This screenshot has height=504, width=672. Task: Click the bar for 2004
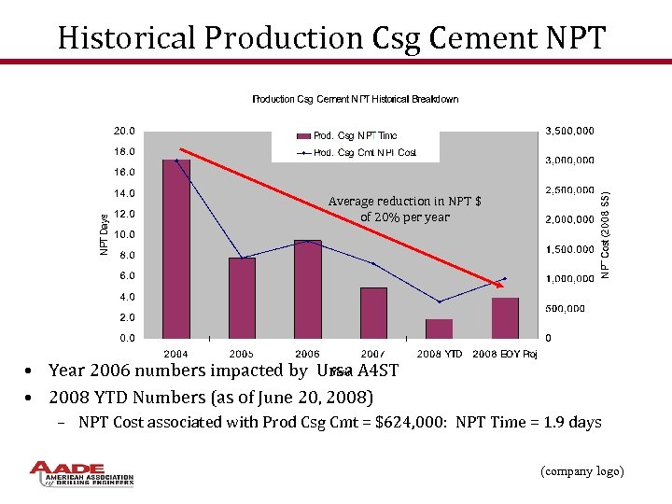(x=176, y=248)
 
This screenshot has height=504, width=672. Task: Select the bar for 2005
(x=242, y=298)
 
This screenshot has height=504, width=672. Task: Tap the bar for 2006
(x=307, y=288)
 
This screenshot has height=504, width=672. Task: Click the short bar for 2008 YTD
(x=439, y=329)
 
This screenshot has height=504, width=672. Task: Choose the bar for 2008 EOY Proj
(x=505, y=317)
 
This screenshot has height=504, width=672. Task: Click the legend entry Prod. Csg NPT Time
(x=347, y=136)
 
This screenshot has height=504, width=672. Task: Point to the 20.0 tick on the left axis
(x=124, y=131)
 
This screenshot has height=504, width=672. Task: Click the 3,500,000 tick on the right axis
(x=569, y=131)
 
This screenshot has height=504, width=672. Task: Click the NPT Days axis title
(x=104, y=233)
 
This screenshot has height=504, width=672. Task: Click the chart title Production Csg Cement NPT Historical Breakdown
(x=356, y=99)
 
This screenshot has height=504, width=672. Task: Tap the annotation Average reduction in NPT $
(x=404, y=202)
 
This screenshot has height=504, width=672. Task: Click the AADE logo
(x=81, y=473)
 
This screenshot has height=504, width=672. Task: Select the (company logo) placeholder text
(x=582, y=471)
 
